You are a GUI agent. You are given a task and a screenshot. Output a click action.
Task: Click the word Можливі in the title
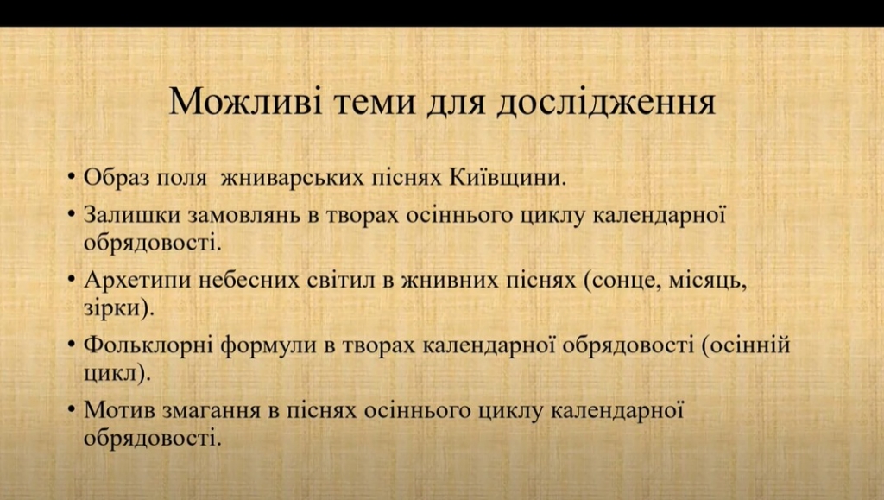(x=245, y=101)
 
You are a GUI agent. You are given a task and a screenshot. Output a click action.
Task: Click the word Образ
(x=117, y=178)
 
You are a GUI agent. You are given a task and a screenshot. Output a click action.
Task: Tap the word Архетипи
(x=137, y=280)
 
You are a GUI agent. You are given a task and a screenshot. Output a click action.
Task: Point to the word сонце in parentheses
(x=622, y=281)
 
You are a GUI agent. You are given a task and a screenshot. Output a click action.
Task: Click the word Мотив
(x=119, y=410)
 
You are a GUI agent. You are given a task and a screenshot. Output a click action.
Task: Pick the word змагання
(x=212, y=411)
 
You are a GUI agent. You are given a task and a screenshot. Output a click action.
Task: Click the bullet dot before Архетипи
(x=71, y=280)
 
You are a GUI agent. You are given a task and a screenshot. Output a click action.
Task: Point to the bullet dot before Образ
(x=71, y=177)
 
